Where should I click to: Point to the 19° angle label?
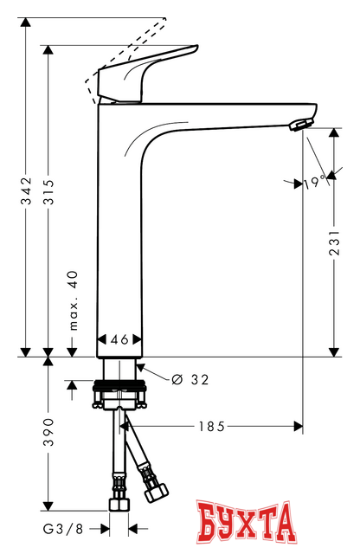(312, 182)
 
